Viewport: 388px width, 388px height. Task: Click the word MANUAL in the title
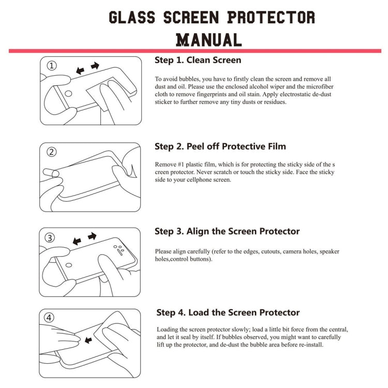pyautogui.click(x=209, y=39)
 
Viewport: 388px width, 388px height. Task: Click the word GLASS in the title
pyautogui.click(x=132, y=17)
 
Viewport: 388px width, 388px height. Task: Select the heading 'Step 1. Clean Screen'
pyautogui.click(x=198, y=60)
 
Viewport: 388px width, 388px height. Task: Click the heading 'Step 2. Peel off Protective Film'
pyautogui.click(x=220, y=146)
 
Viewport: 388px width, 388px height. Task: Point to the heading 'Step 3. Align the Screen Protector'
pyautogui.click(x=227, y=231)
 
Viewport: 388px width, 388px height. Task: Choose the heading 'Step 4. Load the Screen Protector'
pyautogui.click(x=228, y=312)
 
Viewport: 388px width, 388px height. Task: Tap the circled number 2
pyautogui.click(x=51, y=152)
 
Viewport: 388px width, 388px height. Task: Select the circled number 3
pyautogui.click(x=50, y=238)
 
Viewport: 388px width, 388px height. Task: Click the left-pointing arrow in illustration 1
pyautogui.click(x=80, y=70)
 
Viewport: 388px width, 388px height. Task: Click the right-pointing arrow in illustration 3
pyautogui.click(x=92, y=236)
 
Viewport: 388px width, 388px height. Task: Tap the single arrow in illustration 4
pyautogui.click(x=88, y=340)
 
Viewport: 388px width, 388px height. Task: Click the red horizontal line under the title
pyautogui.click(x=195, y=51)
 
